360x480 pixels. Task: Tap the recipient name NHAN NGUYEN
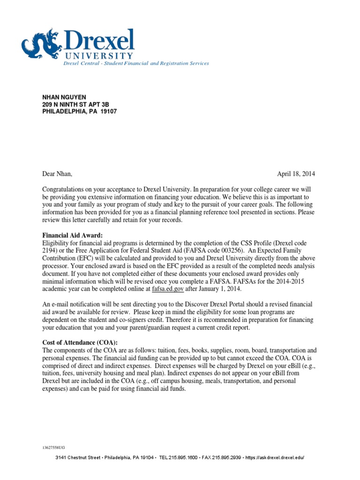pyautogui.click(x=64, y=97)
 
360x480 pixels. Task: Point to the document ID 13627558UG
pyautogui.click(x=54, y=448)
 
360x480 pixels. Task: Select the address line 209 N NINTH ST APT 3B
pyautogui.click(x=77, y=104)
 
